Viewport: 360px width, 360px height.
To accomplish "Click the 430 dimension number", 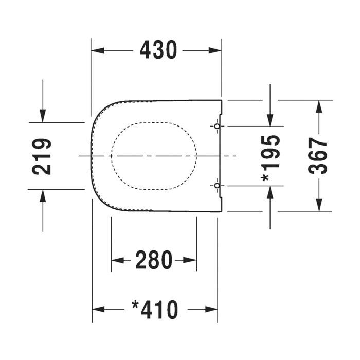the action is pyautogui.click(x=158, y=50).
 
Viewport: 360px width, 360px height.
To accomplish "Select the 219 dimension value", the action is pyautogui.click(x=42, y=156).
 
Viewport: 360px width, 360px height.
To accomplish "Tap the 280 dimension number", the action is pyautogui.click(x=154, y=260).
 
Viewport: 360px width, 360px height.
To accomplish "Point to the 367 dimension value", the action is pyautogui.click(x=317, y=155).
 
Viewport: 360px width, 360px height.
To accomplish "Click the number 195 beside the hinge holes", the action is pyautogui.click(x=271, y=152).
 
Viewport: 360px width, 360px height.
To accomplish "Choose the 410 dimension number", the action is pyautogui.click(x=159, y=310).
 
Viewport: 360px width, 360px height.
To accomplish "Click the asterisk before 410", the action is pyautogui.click(x=135, y=305).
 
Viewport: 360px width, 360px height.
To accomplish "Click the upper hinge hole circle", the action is pyautogui.click(x=217, y=127).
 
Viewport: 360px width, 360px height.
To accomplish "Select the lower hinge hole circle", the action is pyautogui.click(x=217, y=186).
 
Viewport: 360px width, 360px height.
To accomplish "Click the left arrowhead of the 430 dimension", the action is pyautogui.click(x=98, y=50).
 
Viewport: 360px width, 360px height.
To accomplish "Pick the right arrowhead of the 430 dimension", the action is pyautogui.click(x=215, y=50).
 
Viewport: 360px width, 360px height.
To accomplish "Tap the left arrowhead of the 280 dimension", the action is pyautogui.click(x=118, y=260).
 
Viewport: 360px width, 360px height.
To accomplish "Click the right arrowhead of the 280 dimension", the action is pyautogui.click(x=190, y=260).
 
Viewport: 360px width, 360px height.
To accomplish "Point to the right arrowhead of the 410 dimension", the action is pyautogui.click(x=211, y=309).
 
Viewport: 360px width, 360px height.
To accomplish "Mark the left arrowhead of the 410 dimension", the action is pyautogui.click(x=99, y=309).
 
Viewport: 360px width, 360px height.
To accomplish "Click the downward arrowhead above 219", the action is pyautogui.click(x=43, y=116).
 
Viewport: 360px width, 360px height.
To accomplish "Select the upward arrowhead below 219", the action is pyautogui.click(x=43, y=196).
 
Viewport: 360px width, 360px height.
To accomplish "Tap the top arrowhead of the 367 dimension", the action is pyautogui.click(x=319, y=106).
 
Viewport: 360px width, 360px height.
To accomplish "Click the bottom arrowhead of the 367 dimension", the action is pyautogui.click(x=319, y=205).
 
